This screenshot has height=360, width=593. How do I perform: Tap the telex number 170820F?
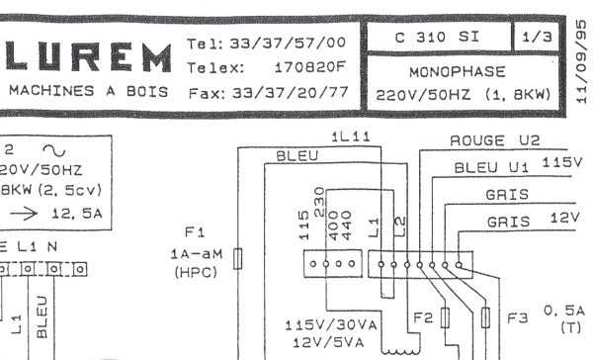tap(309, 69)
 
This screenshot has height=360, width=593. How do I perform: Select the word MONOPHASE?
tap(464, 72)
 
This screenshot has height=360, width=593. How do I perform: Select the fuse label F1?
tap(194, 232)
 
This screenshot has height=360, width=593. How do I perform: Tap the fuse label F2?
tap(423, 318)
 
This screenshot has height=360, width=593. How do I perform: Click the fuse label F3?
tap(518, 318)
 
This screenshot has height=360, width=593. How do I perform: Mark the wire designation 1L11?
tap(351, 137)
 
